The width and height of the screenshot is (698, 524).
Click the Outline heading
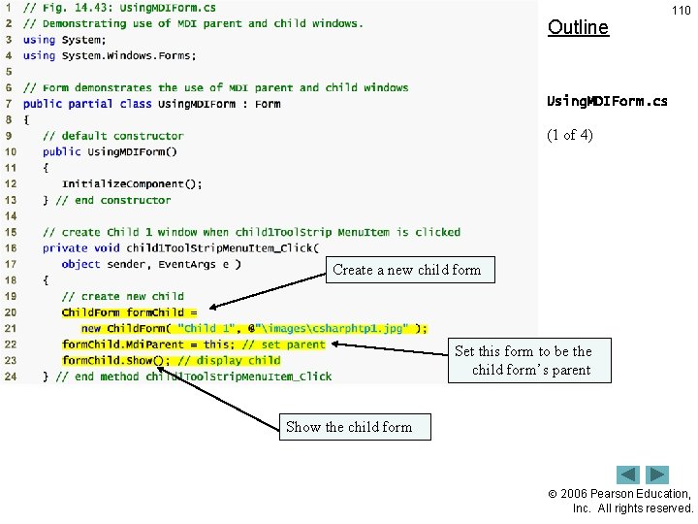tap(578, 27)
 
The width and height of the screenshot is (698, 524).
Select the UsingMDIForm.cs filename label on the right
tap(607, 101)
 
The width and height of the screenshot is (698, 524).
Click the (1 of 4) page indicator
tap(570, 135)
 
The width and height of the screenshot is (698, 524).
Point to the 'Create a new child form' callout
tap(406, 270)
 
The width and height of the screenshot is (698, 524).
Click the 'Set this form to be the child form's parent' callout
tap(530, 360)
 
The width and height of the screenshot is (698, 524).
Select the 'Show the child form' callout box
tap(349, 427)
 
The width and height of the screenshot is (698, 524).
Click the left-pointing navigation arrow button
tap(629, 475)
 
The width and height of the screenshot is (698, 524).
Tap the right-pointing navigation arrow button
tap(657, 475)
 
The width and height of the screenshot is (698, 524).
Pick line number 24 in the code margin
tap(11, 377)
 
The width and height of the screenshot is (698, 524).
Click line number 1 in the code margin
tap(10, 8)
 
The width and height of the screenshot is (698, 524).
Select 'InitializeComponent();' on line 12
tap(132, 183)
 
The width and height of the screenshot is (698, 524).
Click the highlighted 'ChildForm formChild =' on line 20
tap(129, 312)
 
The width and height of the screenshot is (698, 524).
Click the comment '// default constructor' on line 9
tap(112, 136)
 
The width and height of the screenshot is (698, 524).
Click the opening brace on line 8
tap(26, 119)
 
